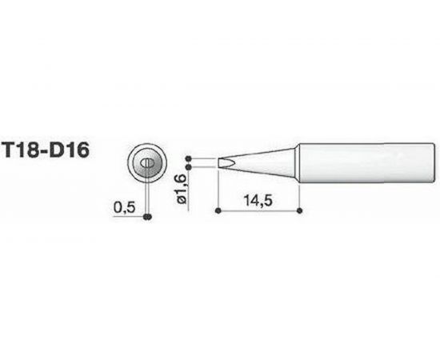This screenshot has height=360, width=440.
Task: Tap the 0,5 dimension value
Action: (x=125, y=206)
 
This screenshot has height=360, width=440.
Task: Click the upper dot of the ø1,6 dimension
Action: (x=190, y=158)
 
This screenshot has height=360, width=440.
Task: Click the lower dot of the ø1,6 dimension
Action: (x=190, y=168)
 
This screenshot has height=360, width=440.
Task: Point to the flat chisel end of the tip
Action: (x=219, y=162)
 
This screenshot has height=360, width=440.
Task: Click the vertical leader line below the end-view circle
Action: (x=147, y=196)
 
